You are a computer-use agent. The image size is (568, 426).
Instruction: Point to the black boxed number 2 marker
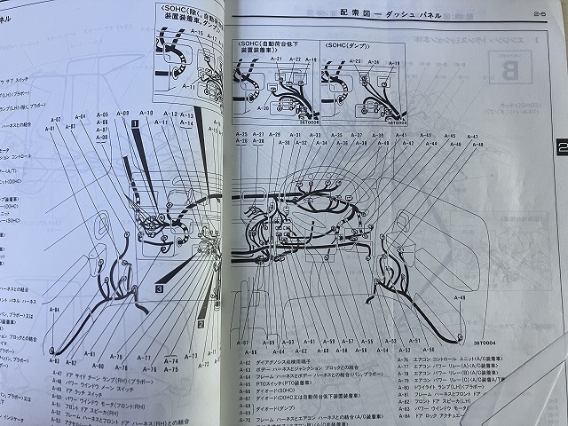tap(201, 325)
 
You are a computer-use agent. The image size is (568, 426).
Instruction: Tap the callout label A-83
tap(56, 362)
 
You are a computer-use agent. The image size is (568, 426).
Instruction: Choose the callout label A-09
tap(123, 114)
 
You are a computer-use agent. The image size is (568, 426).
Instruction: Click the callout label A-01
tap(50, 128)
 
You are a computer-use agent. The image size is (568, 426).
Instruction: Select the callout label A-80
tap(99, 365)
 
